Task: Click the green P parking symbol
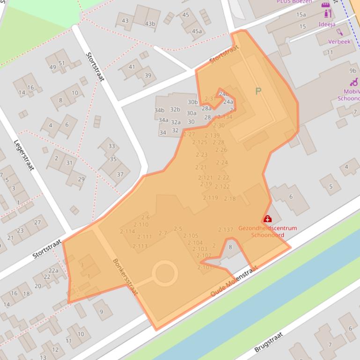click(x=258, y=91)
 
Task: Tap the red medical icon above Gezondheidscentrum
click(x=267, y=219)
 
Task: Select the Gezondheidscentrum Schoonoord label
click(x=267, y=231)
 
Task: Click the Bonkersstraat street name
click(x=125, y=276)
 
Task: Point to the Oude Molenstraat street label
click(x=234, y=281)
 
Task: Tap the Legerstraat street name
click(x=23, y=155)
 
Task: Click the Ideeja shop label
click(x=327, y=24)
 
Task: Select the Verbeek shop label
click(x=339, y=42)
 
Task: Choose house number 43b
click(x=150, y=24)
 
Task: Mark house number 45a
click(x=197, y=31)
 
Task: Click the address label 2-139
click(x=212, y=136)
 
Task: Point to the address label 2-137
click(x=226, y=230)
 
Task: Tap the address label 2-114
click(x=127, y=231)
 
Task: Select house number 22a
click(x=53, y=270)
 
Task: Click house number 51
click(x=62, y=63)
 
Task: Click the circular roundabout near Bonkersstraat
click(x=165, y=273)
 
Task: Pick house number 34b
click(x=159, y=110)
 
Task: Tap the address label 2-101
click(x=205, y=267)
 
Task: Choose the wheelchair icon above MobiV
click(x=353, y=82)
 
